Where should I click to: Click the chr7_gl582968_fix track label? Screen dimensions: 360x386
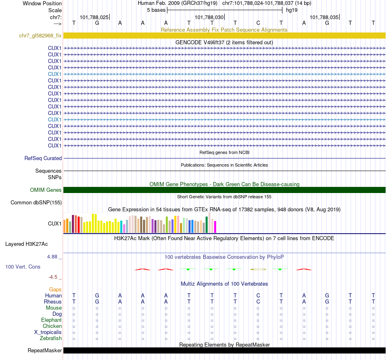(x=40, y=36)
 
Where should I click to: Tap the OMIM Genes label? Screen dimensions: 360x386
(x=46, y=190)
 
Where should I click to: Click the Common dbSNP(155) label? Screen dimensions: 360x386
(x=36, y=202)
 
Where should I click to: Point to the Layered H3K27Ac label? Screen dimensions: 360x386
(x=26, y=244)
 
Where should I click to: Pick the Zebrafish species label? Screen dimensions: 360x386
(x=51, y=338)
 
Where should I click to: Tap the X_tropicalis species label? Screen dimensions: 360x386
(x=48, y=332)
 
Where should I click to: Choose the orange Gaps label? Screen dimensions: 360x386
(x=55, y=289)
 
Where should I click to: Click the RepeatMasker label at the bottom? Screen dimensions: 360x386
(x=45, y=350)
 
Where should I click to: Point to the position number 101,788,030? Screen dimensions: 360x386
(x=209, y=17)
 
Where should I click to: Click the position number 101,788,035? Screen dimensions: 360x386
(x=324, y=17)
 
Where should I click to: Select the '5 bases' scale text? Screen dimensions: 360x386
(x=156, y=10)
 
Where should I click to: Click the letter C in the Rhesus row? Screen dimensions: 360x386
(x=258, y=301)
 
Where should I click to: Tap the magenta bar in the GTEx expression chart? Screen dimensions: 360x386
(x=215, y=227)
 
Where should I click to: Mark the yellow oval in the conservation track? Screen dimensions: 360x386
(x=258, y=269)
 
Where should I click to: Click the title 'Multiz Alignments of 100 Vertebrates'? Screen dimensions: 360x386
(x=224, y=284)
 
